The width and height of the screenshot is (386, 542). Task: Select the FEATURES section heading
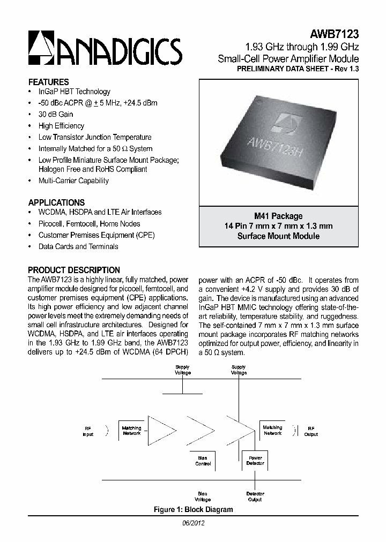click(48, 82)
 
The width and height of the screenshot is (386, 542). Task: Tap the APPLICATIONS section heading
click(56, 202)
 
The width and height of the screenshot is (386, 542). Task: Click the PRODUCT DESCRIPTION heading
click(74, 270)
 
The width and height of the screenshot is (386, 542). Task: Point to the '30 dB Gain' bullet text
click(56, 114)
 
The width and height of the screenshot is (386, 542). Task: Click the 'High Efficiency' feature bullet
click(61, 126)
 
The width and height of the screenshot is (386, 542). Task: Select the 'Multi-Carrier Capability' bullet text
click(73, 180)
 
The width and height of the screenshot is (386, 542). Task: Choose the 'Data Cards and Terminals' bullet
click(78, 246)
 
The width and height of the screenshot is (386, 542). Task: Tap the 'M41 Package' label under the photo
click(278, 216)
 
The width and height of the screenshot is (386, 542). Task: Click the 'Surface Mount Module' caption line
click(278, 236)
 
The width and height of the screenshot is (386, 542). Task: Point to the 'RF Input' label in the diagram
click(88, 431)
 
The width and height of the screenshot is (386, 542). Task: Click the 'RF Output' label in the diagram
click(311, 431)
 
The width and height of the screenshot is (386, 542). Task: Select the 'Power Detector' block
click(255, 461)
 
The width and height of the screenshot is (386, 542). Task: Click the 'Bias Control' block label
click(203, 461)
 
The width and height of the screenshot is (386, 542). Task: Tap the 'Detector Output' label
click(255, 496)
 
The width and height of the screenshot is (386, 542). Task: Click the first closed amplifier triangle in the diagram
click(161, 431)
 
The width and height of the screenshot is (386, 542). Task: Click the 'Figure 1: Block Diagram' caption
click(193, 509)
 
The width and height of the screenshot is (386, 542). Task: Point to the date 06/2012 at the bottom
click(193, 523)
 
